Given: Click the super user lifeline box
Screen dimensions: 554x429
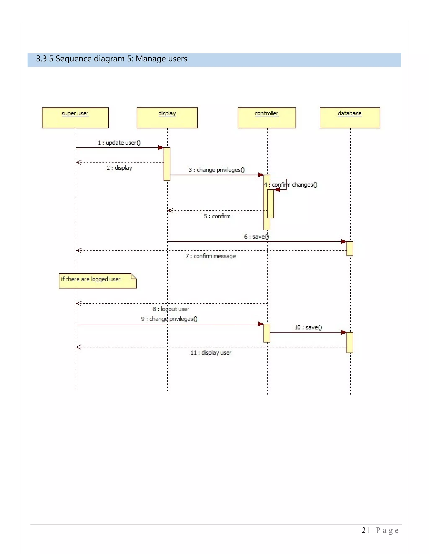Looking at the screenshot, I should [75, 118].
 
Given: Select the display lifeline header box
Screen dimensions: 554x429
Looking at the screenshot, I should [167, 118].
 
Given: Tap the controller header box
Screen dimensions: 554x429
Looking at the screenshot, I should [267, 118].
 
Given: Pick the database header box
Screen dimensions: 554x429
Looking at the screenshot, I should [350, 118].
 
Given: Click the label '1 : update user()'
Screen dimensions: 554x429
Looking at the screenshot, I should [119, 143].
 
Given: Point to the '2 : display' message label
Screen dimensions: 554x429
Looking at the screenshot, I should [119, 168].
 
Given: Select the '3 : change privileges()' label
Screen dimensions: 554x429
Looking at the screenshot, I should [217, 170].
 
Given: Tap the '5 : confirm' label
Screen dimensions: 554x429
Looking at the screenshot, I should [217, 216].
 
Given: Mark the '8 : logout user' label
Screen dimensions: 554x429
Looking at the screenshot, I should [171, 309].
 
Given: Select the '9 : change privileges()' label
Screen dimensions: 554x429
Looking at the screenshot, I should [169, 319].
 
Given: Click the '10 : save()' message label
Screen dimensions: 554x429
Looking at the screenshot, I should [308, 327].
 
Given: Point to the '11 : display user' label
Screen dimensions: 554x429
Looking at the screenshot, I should [211, 353].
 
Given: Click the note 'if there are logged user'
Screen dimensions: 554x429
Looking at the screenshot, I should [97, 281].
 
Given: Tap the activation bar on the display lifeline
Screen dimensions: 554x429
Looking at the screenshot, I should [167, 164].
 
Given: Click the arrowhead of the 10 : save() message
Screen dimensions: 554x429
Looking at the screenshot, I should [344, 332].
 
